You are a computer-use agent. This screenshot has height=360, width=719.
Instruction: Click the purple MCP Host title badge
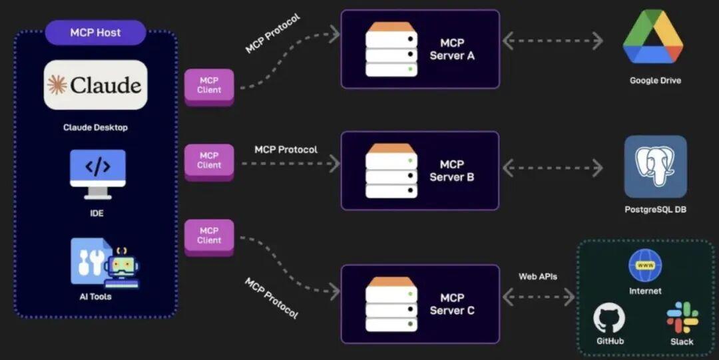pos(95,33)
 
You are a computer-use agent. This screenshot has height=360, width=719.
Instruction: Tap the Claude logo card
pos(95,85)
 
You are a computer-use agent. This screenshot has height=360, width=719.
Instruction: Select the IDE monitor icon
pos(98,174)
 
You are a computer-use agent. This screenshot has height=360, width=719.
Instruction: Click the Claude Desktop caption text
pos(95,128)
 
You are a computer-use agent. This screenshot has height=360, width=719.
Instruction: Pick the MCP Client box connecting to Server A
pos(209,87)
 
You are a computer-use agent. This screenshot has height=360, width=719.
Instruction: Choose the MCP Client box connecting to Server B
pos(209,162)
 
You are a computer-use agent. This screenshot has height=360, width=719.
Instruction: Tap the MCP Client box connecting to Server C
pos(209,238)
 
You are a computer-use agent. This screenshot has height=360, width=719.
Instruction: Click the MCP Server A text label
pos(452,49)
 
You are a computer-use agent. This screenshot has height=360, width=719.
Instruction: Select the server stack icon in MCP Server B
pos(391,170)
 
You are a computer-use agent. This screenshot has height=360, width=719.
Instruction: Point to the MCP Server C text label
pos(452,304)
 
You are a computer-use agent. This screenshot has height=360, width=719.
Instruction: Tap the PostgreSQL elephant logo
pos(656,166)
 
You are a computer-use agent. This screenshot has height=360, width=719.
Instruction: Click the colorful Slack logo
pos(682,317)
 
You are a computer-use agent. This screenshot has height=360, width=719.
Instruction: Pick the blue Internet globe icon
pos(645,265)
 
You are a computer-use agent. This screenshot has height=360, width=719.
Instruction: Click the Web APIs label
pos(538,277)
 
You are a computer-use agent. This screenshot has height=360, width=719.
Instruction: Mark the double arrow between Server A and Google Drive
pos(553,41)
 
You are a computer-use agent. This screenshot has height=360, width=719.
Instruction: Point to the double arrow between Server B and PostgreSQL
pos(553,168)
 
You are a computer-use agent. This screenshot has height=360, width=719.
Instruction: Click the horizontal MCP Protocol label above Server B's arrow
pos(286,150)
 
